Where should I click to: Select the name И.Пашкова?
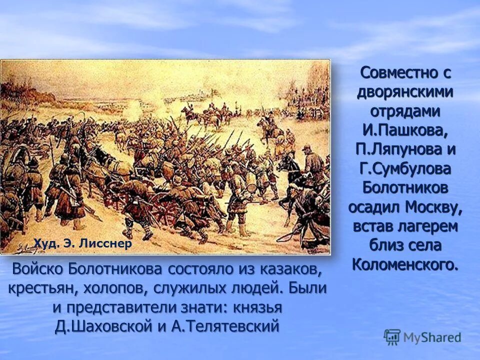(x=405, y=130)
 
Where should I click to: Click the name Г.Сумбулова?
(x=405, y=168)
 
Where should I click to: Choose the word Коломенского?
(x=404, y=264)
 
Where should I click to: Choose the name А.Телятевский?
(x=224, y=326)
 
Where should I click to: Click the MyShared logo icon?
(x=392, y=337)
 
